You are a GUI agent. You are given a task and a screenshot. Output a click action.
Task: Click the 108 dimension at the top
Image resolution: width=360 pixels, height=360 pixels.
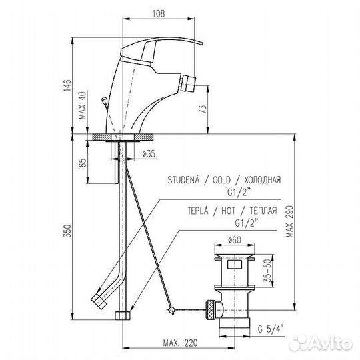pos(159,13)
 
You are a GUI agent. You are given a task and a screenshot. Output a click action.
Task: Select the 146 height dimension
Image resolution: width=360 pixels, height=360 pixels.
pos(68,85)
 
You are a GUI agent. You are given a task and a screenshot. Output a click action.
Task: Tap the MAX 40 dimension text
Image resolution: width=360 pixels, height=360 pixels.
pos(83,105)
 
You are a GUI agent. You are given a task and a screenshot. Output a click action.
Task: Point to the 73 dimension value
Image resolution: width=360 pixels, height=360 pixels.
pos(203,109)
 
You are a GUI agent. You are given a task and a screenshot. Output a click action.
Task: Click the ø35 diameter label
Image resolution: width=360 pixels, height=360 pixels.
pos(149,153)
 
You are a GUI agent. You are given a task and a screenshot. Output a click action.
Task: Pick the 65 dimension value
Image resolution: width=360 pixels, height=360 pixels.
pos(83,162)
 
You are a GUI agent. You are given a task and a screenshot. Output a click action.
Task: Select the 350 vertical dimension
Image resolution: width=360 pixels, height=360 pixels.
pos(68,231)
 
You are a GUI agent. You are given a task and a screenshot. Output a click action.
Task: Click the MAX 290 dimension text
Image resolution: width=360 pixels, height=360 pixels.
pos(289,221)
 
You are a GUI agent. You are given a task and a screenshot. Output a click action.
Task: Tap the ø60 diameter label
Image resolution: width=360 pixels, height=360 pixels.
pos(235,240)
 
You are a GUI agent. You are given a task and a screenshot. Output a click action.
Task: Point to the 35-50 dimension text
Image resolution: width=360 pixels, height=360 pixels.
pos(267,271)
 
